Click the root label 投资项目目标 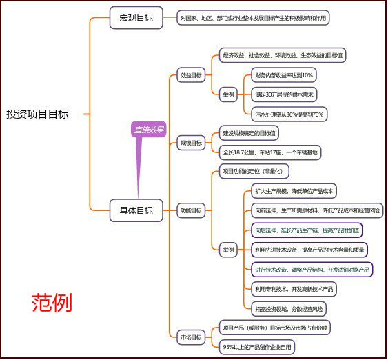point(38,114)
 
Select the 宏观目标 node point(136,18)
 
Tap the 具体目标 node point(136,210)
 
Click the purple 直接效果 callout point(150,129)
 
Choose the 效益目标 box point(191,75)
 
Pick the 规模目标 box point(191,143)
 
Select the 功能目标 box point(191,210)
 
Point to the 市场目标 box point(191,337)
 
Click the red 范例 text point(52,302)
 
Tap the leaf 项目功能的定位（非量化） point(251,170)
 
